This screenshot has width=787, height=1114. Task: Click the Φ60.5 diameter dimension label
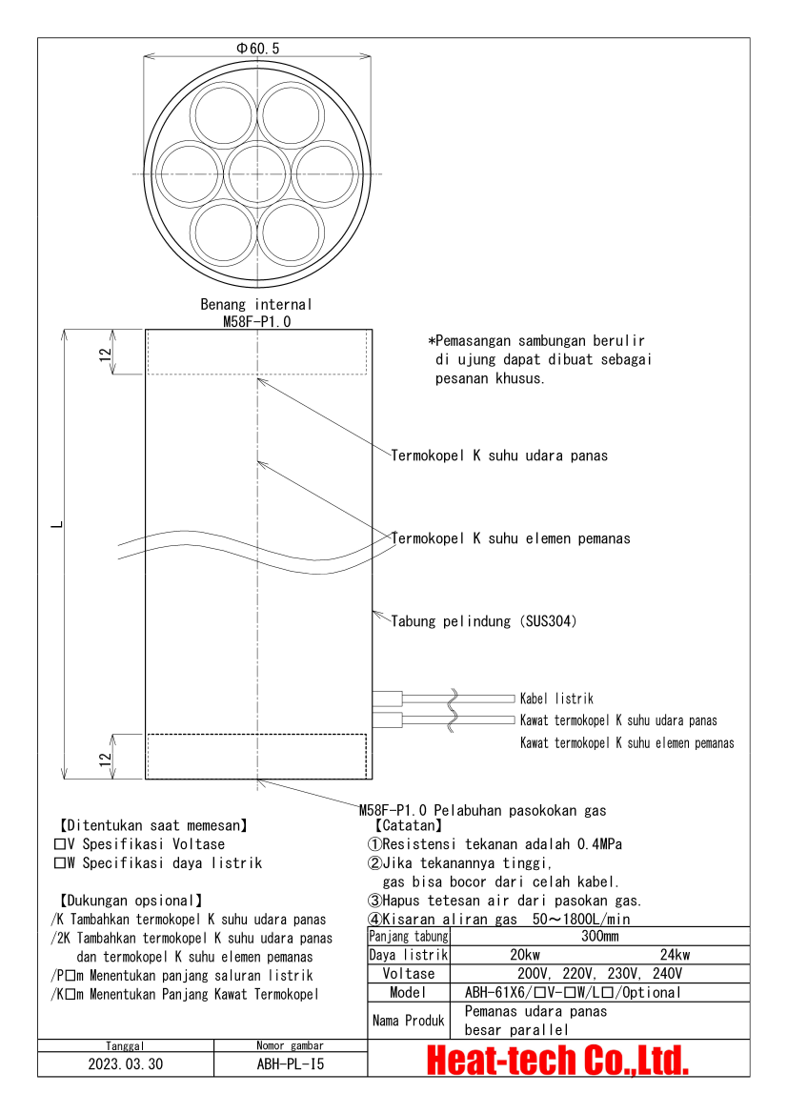pos(257,48)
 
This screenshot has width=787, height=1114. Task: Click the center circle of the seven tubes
pos(258,173)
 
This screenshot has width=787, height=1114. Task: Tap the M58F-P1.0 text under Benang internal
pos(256,322)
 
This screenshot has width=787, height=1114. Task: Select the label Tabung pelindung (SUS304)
pos(484,621)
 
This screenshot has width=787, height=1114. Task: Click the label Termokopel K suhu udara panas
pos(499,456)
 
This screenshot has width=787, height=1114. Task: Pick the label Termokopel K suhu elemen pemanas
pos(511,538)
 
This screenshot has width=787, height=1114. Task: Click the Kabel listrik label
pos(556,699)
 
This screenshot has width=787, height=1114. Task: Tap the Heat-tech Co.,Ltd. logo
pos(557,1060)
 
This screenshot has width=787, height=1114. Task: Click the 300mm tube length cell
pos(599,937)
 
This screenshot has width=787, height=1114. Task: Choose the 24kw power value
pos(675,955)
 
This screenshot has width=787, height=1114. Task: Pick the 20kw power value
pos(524,955)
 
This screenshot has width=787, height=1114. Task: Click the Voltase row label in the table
pos(409,974)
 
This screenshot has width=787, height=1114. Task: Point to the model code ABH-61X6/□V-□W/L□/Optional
pos(573,992)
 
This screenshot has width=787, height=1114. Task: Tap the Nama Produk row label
pos(408,1021)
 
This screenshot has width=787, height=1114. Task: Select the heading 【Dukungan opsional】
pos(131,900)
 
